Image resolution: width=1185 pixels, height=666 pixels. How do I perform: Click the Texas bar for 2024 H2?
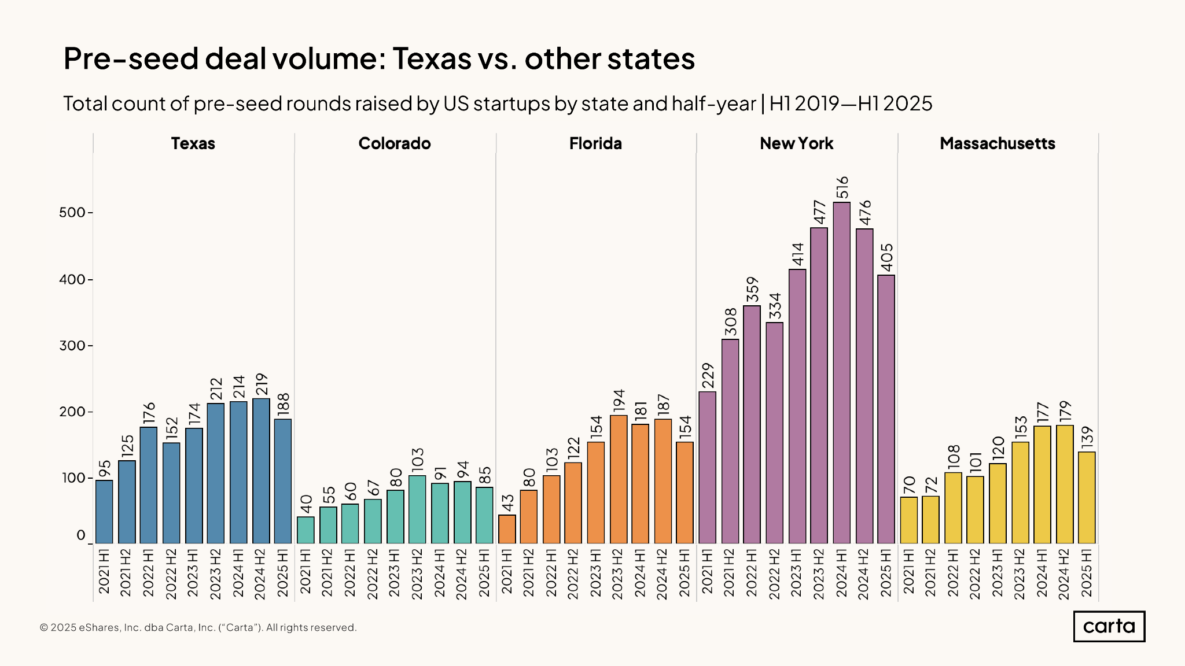tap(261, 471)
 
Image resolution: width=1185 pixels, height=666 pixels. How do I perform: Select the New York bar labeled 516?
tap(842, 373)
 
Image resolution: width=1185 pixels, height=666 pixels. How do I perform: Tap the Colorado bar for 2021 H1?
tap(306, 530)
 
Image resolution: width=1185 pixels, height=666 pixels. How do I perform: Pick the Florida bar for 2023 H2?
tap(619, 479)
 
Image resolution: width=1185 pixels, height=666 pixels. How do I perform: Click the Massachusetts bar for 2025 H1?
tap(1087, 497)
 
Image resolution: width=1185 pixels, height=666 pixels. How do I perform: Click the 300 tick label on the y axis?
tap(72, 346)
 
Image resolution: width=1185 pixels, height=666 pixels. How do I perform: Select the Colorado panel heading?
tap(395, 143)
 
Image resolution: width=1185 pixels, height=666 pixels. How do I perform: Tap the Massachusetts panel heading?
tap(998, 143)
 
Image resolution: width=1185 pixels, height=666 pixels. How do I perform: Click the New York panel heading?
tap(796, 143)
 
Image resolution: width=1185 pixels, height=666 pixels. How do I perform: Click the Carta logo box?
tap(1109, 627)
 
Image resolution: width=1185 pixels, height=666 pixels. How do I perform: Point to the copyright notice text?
tap(198, 628)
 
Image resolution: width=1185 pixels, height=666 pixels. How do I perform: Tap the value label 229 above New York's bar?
tap(708, 376)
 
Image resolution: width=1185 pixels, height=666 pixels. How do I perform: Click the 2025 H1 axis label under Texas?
tap(283, 572)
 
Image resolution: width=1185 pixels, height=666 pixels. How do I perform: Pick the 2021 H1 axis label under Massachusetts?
tap(908, 572)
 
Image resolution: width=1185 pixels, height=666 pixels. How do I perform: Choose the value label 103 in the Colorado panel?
tap(417, 460)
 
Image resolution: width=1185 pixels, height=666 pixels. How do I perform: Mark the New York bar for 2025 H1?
tap(886, 409)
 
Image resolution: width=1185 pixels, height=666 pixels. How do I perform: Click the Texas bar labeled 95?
tap(104, 512)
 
